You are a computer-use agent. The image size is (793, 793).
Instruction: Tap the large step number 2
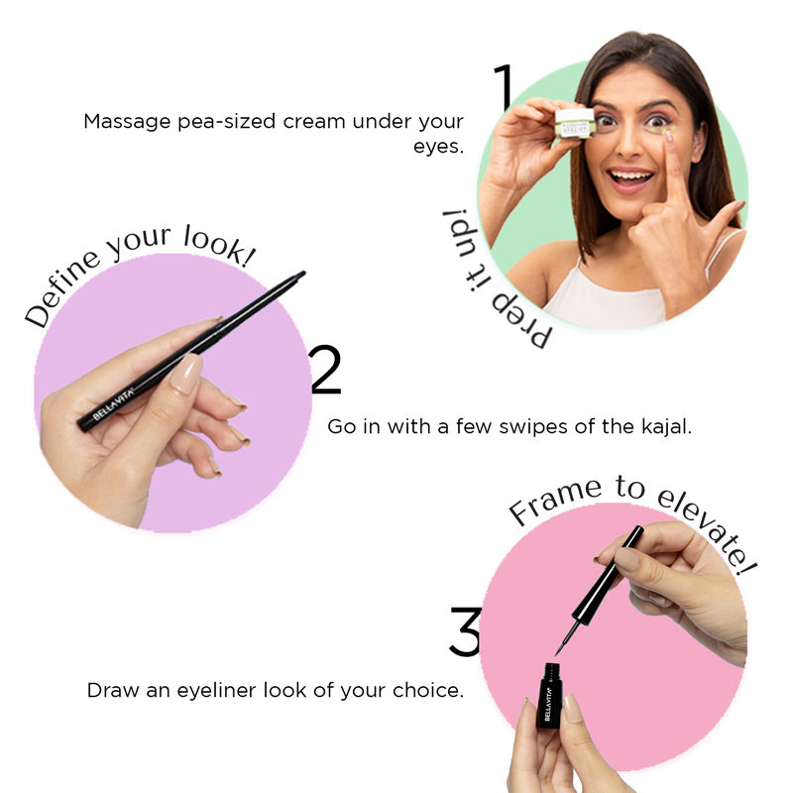coord(326,370)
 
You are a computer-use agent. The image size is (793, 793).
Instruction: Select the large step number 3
coord(465,631)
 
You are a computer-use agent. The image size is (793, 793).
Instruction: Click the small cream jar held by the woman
coord(574,122)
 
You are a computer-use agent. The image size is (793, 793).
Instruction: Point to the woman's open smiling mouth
coord(630,179)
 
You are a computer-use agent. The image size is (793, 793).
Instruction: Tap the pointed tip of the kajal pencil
coord(301,273)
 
